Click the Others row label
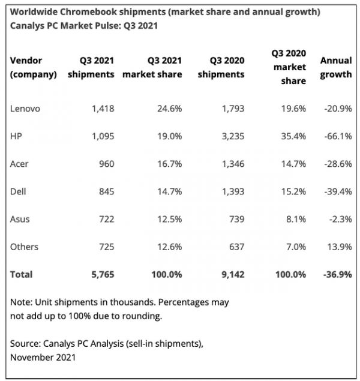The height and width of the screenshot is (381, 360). click(x=25, y=247)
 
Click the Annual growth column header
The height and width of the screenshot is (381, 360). click(x=336, y=68)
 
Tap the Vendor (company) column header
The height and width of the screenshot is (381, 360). click(x=34, y=68)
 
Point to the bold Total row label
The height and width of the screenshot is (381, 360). click(x=22, y=274)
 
